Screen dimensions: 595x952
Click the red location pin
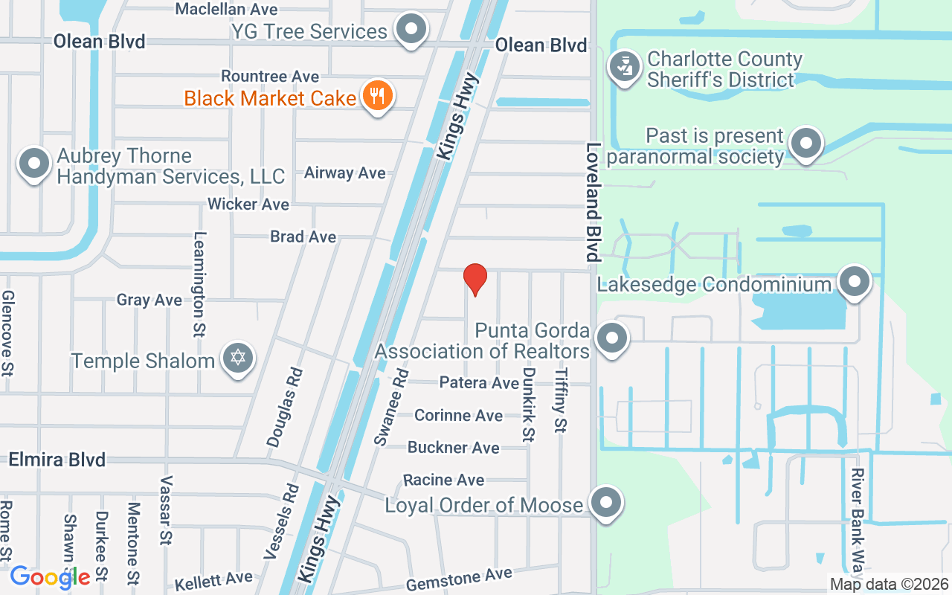(475, 279)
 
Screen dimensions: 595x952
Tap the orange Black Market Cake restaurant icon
(378, 97)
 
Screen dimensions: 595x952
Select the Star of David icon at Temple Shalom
(238, 359)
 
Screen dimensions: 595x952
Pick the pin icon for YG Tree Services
(411, 30)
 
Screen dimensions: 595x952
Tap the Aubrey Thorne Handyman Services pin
(33, 164)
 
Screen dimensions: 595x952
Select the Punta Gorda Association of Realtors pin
(612, 338)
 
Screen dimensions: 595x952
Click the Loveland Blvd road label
(593, 202)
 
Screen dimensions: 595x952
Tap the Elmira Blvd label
(57, 460)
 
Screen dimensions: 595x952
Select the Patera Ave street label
(478, 383)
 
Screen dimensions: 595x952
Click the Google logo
(50, 576)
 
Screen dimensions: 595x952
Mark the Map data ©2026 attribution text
(889, 585)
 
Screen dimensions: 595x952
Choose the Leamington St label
(199, 283)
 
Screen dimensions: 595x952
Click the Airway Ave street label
(345, 173)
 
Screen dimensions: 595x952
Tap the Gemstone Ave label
(459, 579)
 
